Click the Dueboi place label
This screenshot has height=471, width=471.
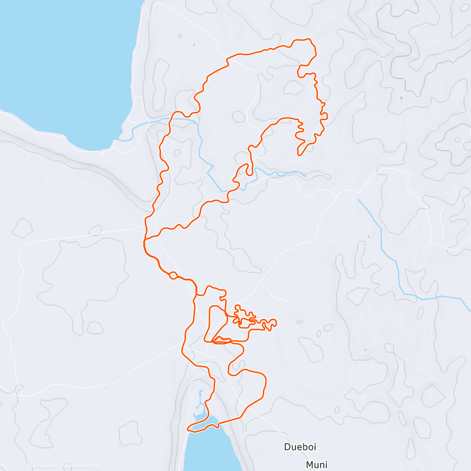click(300, 447)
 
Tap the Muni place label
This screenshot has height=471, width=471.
click(316, 465)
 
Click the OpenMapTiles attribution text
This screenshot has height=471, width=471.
click(41, 466)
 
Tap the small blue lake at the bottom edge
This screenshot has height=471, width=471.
click(204, 447)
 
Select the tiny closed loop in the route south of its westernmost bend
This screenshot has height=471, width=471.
click(172, 276)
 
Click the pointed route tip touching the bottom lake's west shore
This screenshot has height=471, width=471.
click(188, 429)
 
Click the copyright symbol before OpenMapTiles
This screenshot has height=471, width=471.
click(22, 466)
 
